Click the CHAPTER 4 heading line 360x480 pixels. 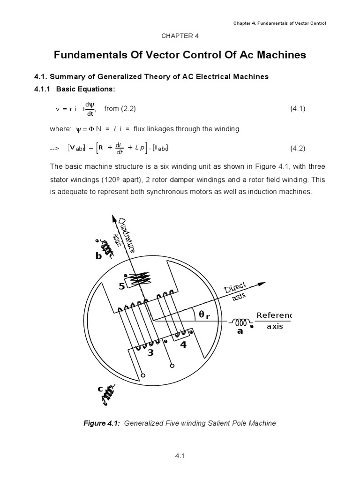(180, 35)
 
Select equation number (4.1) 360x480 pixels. (298, 109)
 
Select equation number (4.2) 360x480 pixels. (298, 149)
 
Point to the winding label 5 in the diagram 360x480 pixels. (121, 287)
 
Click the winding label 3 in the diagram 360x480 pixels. (150, 353)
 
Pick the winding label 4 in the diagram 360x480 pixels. (183, 345)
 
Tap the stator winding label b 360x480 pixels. (98, 256)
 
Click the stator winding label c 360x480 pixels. (100, 389)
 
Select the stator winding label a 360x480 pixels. (240, 331)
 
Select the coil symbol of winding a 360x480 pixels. (241, 322)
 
